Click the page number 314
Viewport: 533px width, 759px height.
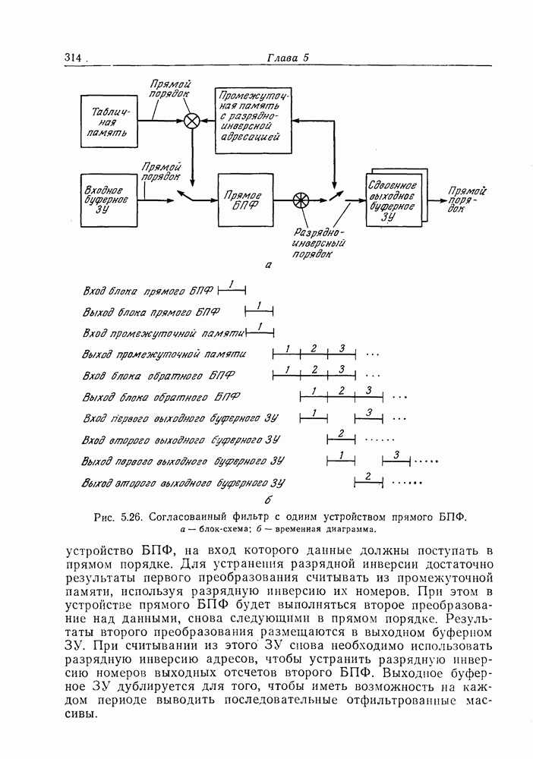(73, 58)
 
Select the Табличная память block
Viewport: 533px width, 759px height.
(109, 125)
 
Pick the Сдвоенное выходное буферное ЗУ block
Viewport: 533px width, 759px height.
(392, 200)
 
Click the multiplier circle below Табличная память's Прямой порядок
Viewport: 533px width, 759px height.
(193, 120)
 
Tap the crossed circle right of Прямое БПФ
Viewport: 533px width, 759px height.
(301, 200)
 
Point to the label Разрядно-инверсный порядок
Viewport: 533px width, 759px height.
(320, 244)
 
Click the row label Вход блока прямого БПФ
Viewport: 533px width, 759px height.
(148, 290)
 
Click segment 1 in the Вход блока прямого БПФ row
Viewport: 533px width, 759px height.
(232, 286)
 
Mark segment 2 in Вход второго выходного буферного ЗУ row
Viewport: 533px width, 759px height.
(341, 435)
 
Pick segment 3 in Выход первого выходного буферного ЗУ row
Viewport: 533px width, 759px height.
(396, 456)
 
